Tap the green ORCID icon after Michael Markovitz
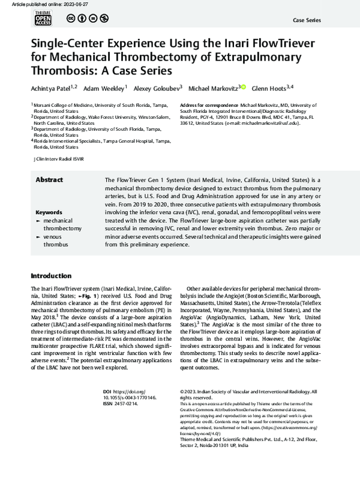point(243,87)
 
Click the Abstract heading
point(49,179)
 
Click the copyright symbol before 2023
point(182,392)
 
